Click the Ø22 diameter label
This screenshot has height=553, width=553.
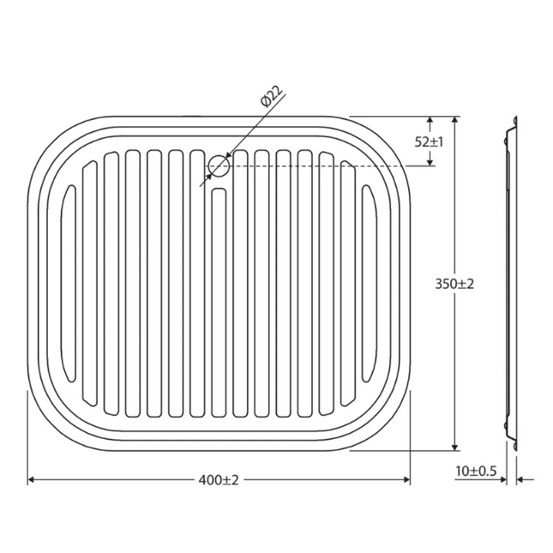(x=271, y=97)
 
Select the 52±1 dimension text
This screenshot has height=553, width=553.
(x=429, y=141)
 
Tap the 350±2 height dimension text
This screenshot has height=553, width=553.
(x=454, y=284)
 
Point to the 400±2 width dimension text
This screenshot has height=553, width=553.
(x=218, y=480)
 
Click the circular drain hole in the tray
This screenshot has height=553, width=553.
(x=219, y=165)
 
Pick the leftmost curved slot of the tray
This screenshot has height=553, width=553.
(x=69, y=284)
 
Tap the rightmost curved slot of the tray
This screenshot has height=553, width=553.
(x=369, y=284)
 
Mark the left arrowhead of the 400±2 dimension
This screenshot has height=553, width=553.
(x=32, y=480)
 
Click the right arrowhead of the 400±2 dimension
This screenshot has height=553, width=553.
(x=406, y=480)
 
